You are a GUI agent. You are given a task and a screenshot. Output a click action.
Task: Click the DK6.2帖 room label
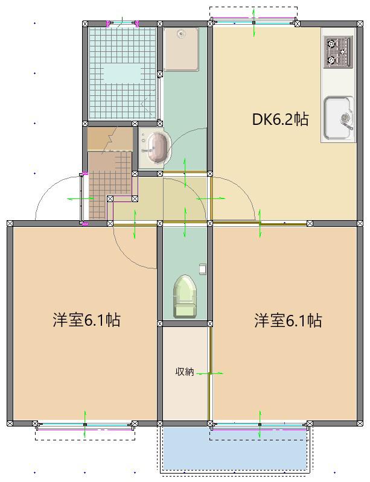coord(280,119)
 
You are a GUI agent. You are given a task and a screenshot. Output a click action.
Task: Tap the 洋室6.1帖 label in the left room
coord(86,320)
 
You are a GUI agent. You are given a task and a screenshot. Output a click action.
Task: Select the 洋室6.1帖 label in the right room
coord(288,320)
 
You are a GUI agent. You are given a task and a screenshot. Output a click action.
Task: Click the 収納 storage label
coord(185,372)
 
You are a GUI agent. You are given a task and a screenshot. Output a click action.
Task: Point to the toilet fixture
coord(185,297)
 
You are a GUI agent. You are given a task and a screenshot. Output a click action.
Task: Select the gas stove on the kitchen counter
coord(339,52)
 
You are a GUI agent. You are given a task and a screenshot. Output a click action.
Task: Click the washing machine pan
coord(181,49)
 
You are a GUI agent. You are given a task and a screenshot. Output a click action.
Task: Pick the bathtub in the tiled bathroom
coord(122,74)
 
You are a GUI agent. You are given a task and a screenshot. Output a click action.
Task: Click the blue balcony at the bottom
coord(235,449)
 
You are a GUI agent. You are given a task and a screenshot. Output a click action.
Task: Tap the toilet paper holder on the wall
coord(202,269)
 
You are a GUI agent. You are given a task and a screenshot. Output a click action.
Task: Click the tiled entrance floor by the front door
coord(110,185)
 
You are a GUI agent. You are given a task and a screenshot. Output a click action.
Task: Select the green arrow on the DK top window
coord(254,23)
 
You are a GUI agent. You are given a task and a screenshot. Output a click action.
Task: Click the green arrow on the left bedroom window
coord(85,425)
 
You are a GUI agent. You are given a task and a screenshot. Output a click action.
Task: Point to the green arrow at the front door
coord(81,198)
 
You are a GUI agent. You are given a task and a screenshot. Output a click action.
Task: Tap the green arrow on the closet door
coord(210,373)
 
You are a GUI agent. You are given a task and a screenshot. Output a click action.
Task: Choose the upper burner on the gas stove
coord(331,44)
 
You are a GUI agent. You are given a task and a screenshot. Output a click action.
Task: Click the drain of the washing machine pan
coord(181,34)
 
